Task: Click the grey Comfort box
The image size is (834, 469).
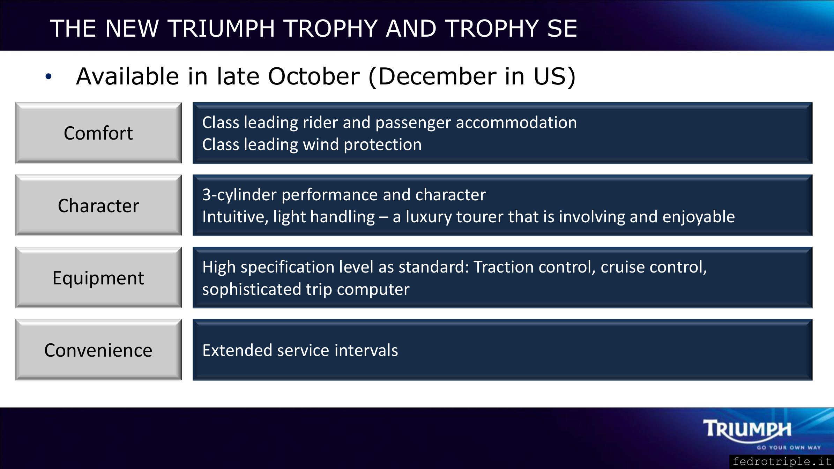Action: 99,133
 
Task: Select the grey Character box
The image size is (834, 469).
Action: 99,205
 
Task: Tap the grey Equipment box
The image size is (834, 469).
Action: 99,277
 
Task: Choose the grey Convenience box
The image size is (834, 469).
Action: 99,350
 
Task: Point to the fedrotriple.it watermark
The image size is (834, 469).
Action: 782,462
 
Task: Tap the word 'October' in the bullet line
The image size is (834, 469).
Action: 314,76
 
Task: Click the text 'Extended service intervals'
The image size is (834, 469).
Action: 300,350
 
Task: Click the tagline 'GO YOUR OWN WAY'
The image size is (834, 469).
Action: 789,448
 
